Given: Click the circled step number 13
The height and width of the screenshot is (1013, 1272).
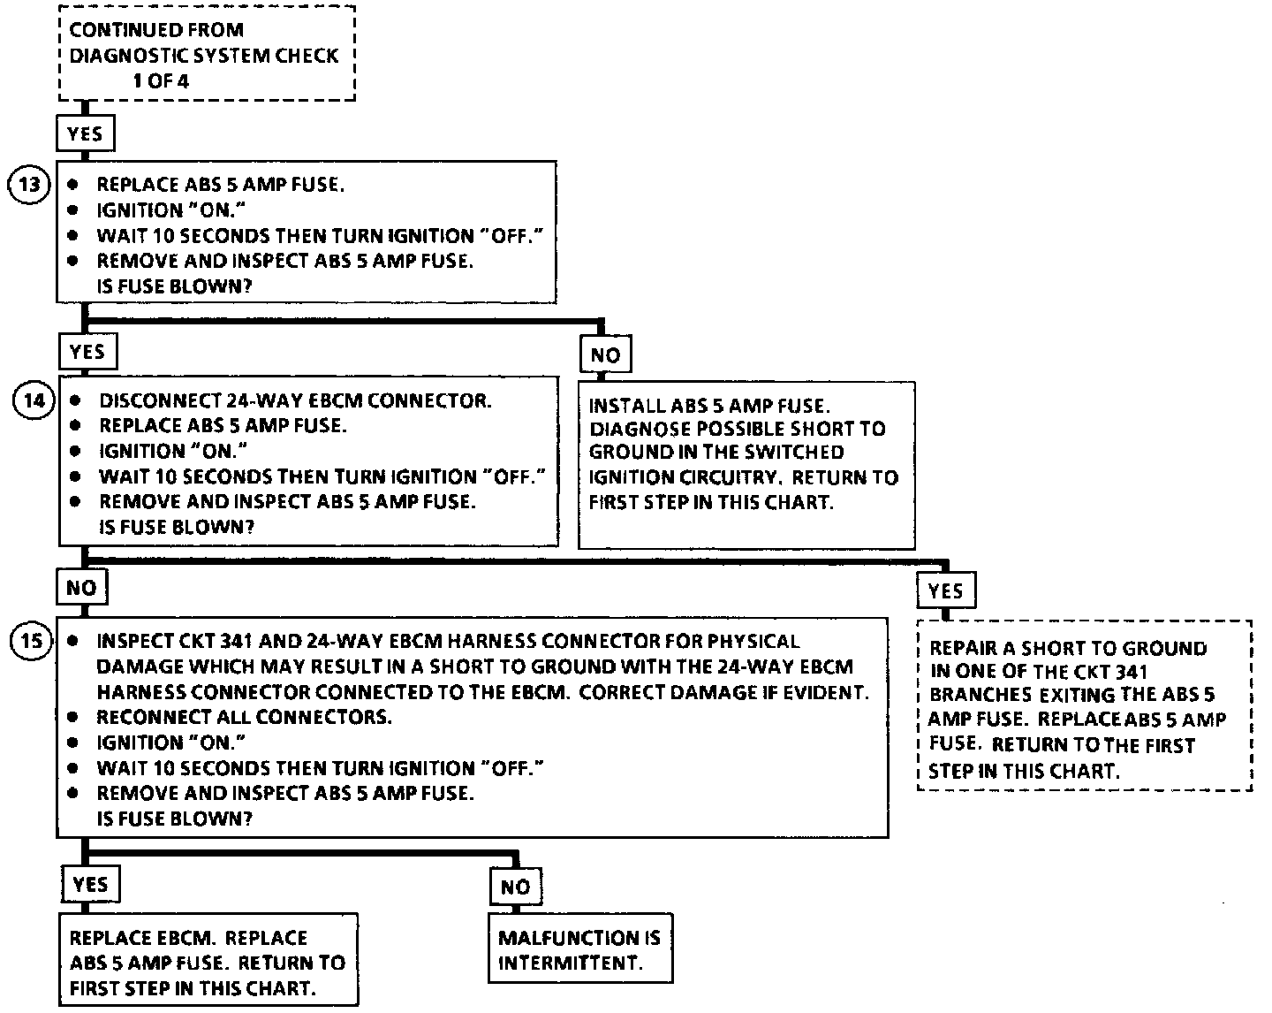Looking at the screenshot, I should (30, 187).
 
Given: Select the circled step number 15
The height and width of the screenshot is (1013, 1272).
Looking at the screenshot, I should (31, 642).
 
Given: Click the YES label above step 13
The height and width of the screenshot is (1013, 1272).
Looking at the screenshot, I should (85, 134).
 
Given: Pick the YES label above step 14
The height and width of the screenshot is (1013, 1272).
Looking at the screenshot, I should (87, 352).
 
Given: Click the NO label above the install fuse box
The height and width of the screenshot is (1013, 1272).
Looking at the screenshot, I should (605, 355).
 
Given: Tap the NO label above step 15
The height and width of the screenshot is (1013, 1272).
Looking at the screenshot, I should (81, 588).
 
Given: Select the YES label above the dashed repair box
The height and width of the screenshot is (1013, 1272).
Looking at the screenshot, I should (946, 591).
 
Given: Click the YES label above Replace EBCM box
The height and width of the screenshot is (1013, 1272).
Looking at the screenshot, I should (90, 885).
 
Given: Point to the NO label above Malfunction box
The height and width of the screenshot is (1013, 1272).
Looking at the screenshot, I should (515, 887).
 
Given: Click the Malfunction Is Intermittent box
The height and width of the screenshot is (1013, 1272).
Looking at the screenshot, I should (579, 949).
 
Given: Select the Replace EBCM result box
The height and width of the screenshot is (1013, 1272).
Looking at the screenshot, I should (208, 962).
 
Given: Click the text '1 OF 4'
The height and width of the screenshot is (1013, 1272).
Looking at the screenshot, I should (161, 80).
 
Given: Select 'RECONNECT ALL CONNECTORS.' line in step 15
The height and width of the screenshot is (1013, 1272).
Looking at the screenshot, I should (244, 717).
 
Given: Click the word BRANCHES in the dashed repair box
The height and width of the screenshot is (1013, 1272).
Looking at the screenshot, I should (980, 695).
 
